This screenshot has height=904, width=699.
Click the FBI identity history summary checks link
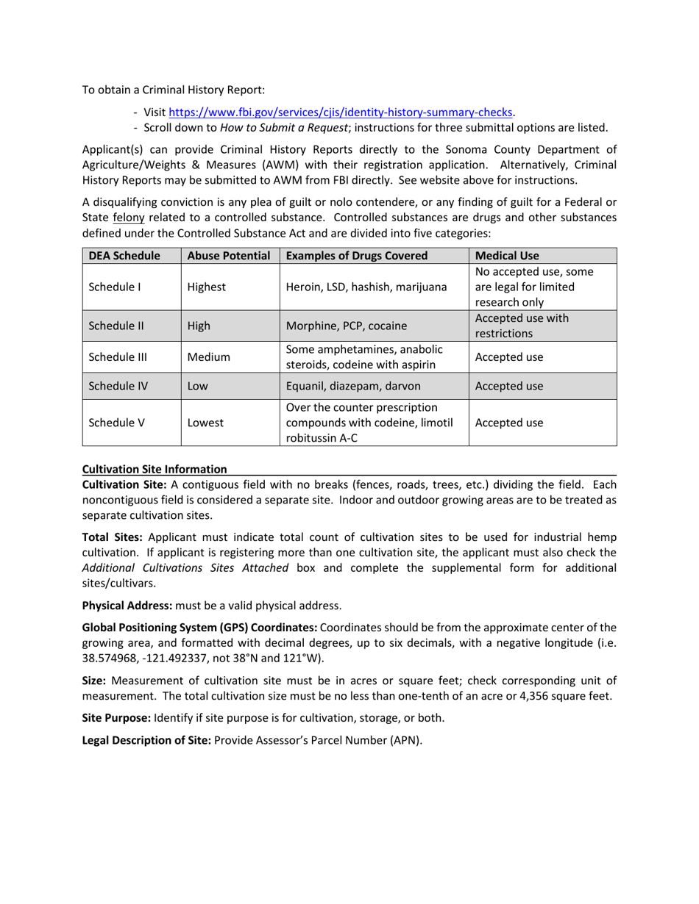pyautogui.click(x=341, y=112)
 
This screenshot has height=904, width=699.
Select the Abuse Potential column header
pyautogui.click(x=229, y=256)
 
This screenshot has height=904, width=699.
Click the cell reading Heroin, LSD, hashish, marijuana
pyautogui.click(x=366, y=287)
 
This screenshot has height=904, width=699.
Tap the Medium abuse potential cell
pyautogui.click(x=209, y=357)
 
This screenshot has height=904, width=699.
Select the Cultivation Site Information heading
pyautogui.click(x=155, y=469)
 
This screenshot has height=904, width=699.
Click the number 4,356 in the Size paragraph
pyautogui.click(x=542, y=694)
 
